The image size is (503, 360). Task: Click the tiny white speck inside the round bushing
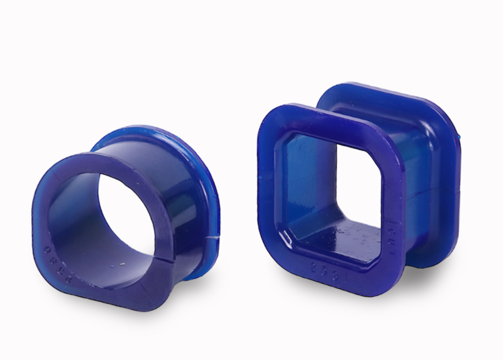[121, 264]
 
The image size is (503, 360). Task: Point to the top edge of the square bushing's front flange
[327, 117]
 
